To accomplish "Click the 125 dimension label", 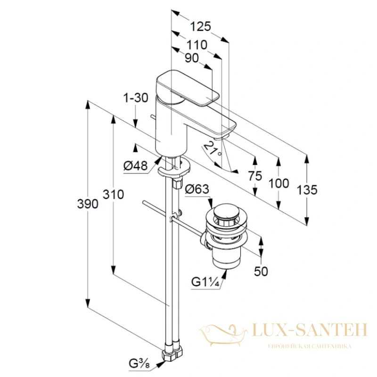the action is click(200, 26).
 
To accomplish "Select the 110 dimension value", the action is click(197, 45).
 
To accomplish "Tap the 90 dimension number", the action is click(192, 58).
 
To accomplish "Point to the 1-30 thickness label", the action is click(136, 98).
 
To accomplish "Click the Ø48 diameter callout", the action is click(135, 166).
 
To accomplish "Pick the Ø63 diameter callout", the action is click(197, 189).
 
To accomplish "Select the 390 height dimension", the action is click(88, 204).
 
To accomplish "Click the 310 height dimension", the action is click(113, 194).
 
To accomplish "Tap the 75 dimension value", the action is click(255, 176).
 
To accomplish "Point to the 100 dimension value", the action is click(279, 183).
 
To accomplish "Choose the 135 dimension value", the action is click(307, 190).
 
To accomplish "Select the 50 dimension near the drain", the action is click(261, 271).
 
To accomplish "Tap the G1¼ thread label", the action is click(205, 281).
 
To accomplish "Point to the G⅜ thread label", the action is click(139, 363).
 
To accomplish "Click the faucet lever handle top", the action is click(188, 88).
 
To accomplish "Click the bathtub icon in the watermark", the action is click(223, 335).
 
